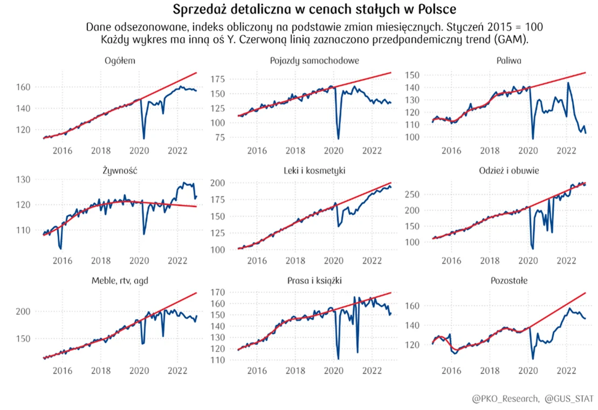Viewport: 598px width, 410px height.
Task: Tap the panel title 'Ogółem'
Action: [x=120, y=60]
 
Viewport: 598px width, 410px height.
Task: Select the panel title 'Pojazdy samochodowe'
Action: [x=314, y=60]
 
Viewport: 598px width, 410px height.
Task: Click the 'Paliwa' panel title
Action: [x=508, y=60]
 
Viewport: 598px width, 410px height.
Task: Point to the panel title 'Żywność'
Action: [x=120, y=170]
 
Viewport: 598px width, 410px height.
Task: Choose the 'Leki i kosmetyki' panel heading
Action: [x=314, y=170]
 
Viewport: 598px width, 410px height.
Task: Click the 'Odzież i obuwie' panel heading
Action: [x=509, y=170]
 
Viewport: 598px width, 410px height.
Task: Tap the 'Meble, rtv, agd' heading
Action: [x=120, y=281]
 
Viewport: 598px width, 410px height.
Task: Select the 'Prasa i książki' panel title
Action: [x=314, y=281]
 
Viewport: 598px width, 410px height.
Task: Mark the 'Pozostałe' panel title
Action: [x=509, y=281]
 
